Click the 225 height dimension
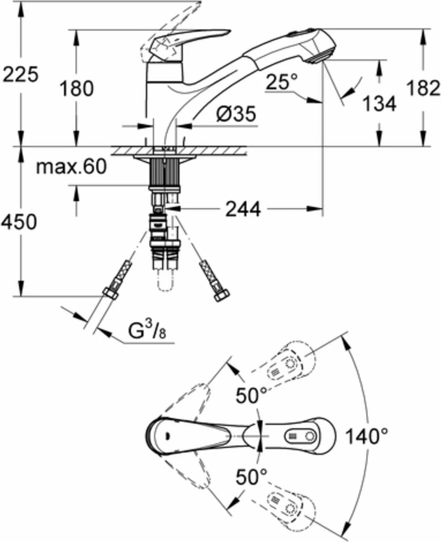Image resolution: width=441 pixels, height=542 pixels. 20,75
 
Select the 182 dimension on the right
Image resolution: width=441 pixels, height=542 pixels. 423,88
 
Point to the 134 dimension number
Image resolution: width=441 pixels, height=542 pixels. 379,104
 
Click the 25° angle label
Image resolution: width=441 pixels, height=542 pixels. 282,82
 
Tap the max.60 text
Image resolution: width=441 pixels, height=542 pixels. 71,168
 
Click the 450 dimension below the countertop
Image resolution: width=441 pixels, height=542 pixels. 19,222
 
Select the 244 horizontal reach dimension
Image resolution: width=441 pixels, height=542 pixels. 244,209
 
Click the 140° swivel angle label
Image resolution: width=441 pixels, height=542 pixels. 367,436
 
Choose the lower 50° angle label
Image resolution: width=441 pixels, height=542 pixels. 251,476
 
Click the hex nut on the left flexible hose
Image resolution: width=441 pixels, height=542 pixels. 110,294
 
